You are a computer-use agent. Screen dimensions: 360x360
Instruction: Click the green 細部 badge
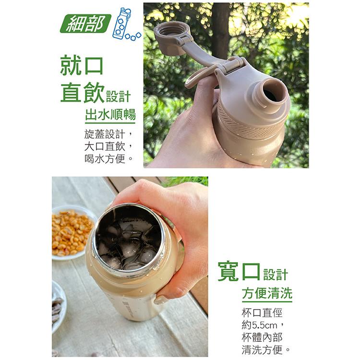coord(85,24)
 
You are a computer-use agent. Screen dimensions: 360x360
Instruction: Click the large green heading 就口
coord(82,65)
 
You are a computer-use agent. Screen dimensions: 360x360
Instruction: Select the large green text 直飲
coord(82,93)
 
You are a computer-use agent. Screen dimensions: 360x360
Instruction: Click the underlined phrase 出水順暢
coord(110,114)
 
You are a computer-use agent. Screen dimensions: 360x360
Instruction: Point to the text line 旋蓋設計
coord(105,134)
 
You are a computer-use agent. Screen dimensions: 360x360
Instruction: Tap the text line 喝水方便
coord(105,158)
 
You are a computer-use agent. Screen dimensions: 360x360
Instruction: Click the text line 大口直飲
coord(105,146)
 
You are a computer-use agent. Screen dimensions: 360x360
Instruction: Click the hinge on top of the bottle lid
coord(232,65)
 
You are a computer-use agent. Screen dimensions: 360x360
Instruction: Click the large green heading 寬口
coord(239,271)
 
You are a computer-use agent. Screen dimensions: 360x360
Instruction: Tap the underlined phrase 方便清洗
coord(267,293)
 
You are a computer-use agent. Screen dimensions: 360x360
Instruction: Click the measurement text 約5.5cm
coord(259,325)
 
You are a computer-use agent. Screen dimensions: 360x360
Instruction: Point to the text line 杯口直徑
coord(262,313)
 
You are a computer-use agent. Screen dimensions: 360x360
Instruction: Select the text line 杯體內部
coord(262,337)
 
